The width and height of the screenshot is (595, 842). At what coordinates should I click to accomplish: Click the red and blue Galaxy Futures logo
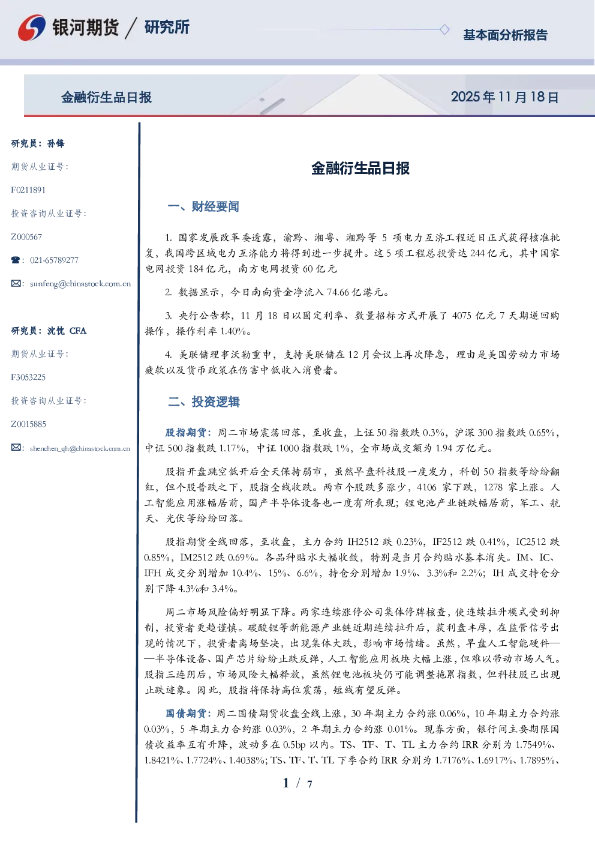(x=32, y=27)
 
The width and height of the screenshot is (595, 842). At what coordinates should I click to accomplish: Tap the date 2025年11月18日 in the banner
(x=504, y=97)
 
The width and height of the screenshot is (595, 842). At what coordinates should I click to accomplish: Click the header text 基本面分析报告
(x=505, y=35)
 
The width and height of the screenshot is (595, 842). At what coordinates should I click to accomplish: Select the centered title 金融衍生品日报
(x=360, y=168)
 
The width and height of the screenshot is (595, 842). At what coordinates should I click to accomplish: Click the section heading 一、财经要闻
(x=203, y=206)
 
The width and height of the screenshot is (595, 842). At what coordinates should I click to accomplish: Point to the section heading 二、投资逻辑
(x=203, y=401)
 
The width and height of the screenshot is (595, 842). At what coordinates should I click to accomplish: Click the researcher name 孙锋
(x=56, y=143)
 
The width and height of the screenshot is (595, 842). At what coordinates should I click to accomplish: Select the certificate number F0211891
(x=28, y=190)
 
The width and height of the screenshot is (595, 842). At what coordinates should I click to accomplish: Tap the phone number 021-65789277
(x=54, y=260)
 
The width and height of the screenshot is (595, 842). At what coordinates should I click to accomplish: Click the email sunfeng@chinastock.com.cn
(x=80, y=284)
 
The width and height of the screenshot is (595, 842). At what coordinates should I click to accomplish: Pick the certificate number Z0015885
(x=29, y=424)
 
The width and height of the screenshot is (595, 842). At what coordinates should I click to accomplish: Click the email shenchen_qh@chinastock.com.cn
(x=80, y=448)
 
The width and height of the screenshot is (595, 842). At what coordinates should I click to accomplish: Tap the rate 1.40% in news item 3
(x=233, y=331)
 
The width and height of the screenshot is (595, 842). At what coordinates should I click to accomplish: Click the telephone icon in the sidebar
(x=16, y=260)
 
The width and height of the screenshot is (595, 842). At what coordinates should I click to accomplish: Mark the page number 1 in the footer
(x=286, y=783)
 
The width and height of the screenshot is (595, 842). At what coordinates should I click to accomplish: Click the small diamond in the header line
(x=444, y=29)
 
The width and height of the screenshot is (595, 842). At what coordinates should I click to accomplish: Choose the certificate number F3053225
(x=28, y=377)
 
